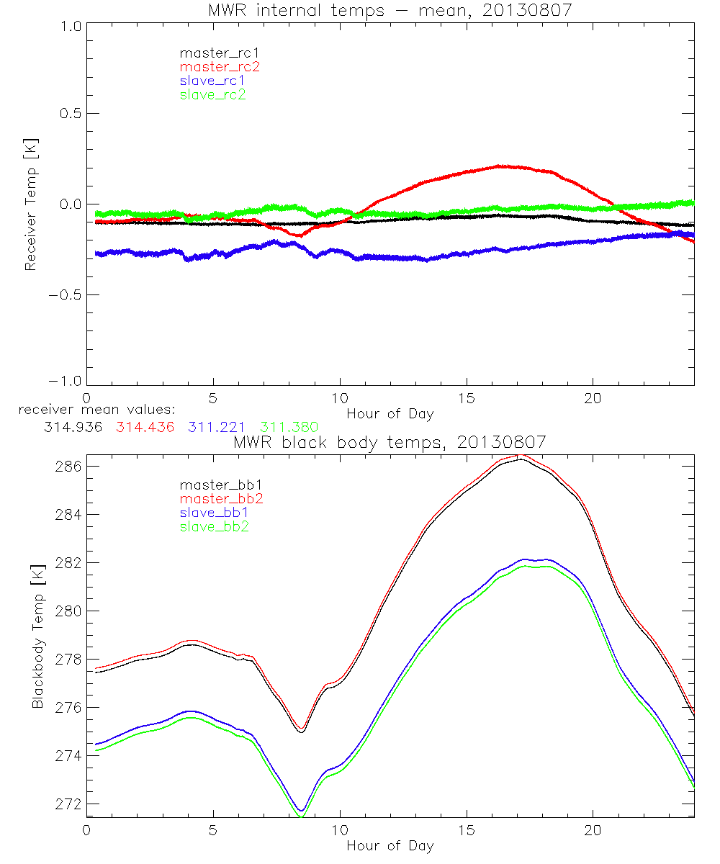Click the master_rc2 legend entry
220,67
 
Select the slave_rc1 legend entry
212,81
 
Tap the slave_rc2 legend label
212,94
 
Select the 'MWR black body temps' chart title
390,441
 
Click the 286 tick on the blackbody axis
68,466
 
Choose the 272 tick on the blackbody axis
68,804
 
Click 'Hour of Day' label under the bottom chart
390,845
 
